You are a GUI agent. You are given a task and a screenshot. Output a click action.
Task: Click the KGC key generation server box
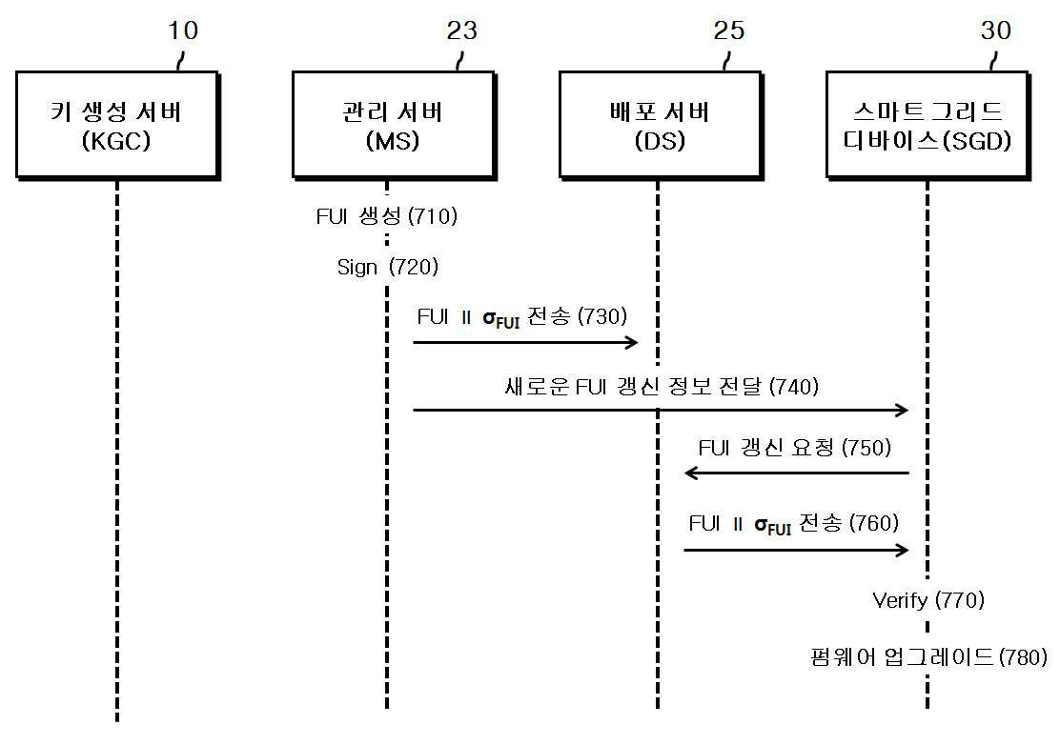coord(118,126)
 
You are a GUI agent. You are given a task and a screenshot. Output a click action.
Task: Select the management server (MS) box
coord(394,126)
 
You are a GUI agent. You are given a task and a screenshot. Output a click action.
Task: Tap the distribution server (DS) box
coord(662,126)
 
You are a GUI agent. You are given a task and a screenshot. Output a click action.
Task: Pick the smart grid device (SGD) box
coord(928,126)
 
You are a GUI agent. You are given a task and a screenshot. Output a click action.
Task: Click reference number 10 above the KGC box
coord(182,30)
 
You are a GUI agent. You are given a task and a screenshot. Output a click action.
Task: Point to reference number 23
coord(461,30)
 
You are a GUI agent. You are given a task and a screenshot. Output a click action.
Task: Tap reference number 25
coord(728,30)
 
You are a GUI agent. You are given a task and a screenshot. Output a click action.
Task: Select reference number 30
coord(996,30)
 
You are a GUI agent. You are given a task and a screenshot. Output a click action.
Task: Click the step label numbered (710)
coord(387,216)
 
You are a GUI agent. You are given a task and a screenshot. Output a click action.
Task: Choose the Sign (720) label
coord(388,267)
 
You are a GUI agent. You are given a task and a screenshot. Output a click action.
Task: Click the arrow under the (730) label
coord(525,342)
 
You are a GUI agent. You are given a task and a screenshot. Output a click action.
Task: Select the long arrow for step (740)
coord(661,410)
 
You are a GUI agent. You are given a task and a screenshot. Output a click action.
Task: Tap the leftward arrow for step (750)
coord(796,473)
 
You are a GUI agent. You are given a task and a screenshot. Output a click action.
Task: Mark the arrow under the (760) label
coord(796,550)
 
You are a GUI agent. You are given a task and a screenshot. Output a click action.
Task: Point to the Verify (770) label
coord(928,600)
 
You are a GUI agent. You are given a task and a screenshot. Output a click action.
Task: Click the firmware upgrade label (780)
coord(928,656)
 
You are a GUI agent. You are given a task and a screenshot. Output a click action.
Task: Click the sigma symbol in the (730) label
coord(489,317)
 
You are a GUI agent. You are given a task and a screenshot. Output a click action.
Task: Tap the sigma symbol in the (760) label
coord(762,524)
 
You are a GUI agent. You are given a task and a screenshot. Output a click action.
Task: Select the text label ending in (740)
coord(662,387)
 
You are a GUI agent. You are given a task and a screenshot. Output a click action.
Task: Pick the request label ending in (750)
coord(795,447)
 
